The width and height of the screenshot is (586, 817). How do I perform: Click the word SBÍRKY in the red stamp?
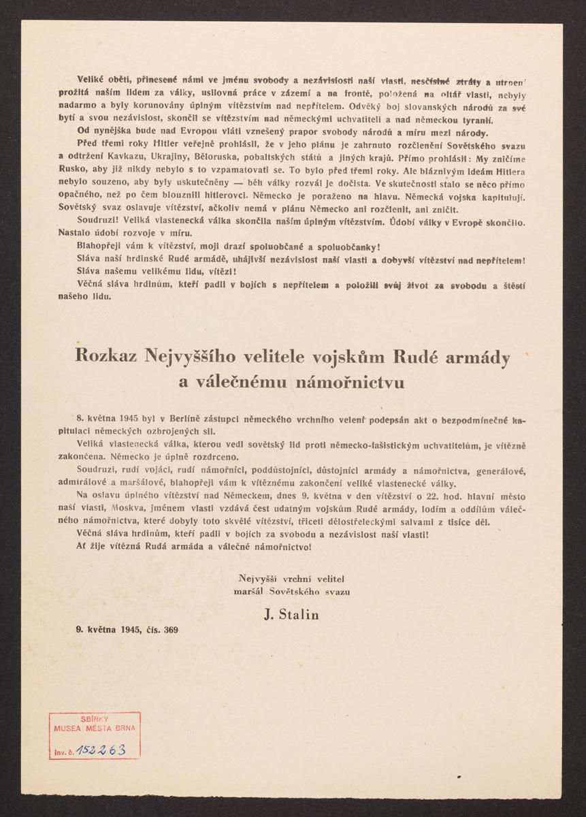(95, 719)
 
